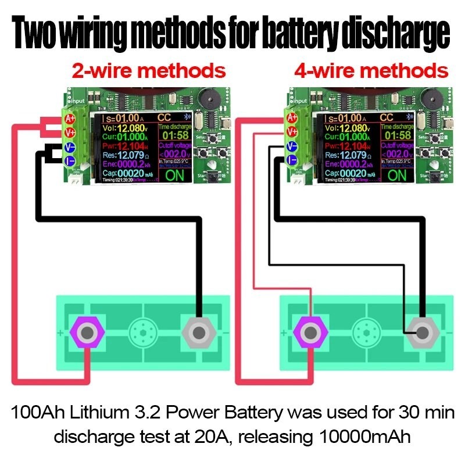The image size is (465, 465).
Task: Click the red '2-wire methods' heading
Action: (148, 71)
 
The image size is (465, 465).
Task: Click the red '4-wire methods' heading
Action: (371, 71)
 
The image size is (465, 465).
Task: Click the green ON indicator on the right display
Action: (397, 174)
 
